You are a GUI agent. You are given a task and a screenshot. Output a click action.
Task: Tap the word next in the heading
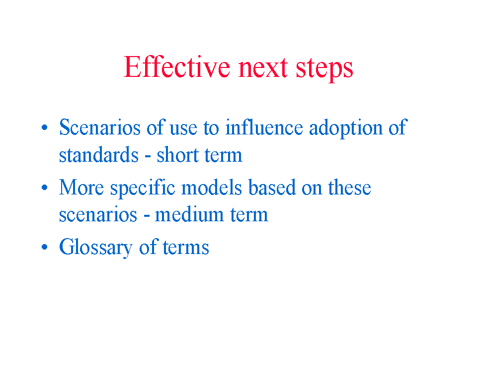click(x=263, y=68)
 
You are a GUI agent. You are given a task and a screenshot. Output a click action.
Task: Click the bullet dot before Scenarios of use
click(x=44, y=127)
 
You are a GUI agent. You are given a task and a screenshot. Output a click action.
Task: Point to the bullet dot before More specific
click(x=44, y=187)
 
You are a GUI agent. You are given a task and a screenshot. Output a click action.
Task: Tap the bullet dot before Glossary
click(x=44, y=247)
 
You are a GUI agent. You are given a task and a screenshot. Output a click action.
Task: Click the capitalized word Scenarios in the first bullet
click(x=100, y=127)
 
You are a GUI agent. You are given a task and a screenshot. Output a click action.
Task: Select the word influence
click(x=264, y=127)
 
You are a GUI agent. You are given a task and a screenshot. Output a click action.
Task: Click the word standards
click(x=98, y=154)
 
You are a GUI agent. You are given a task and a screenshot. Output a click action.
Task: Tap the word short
click(x=178, y=154)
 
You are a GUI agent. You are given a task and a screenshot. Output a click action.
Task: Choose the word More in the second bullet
click(x=81, y=187)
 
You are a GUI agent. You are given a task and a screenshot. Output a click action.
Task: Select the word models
click(x=212, y=187)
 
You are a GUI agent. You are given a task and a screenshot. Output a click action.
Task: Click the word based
click(x=272, y=187)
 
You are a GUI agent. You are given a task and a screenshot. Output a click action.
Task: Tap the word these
click(x=349, y=187)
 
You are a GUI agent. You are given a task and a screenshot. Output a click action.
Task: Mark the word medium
click(x=189, y=214)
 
